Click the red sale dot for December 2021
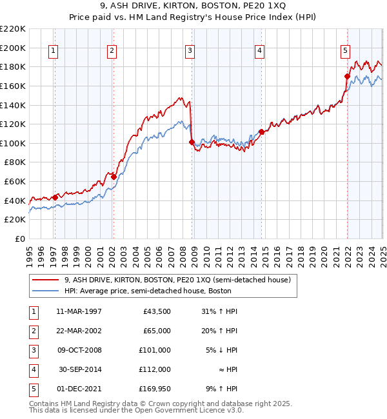coord(347,76)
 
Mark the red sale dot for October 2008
coord(192,142)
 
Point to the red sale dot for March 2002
coord(114,177)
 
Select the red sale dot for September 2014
coord(261,132)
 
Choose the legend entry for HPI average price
coord(147,291)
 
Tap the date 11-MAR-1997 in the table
coord(79,311)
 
